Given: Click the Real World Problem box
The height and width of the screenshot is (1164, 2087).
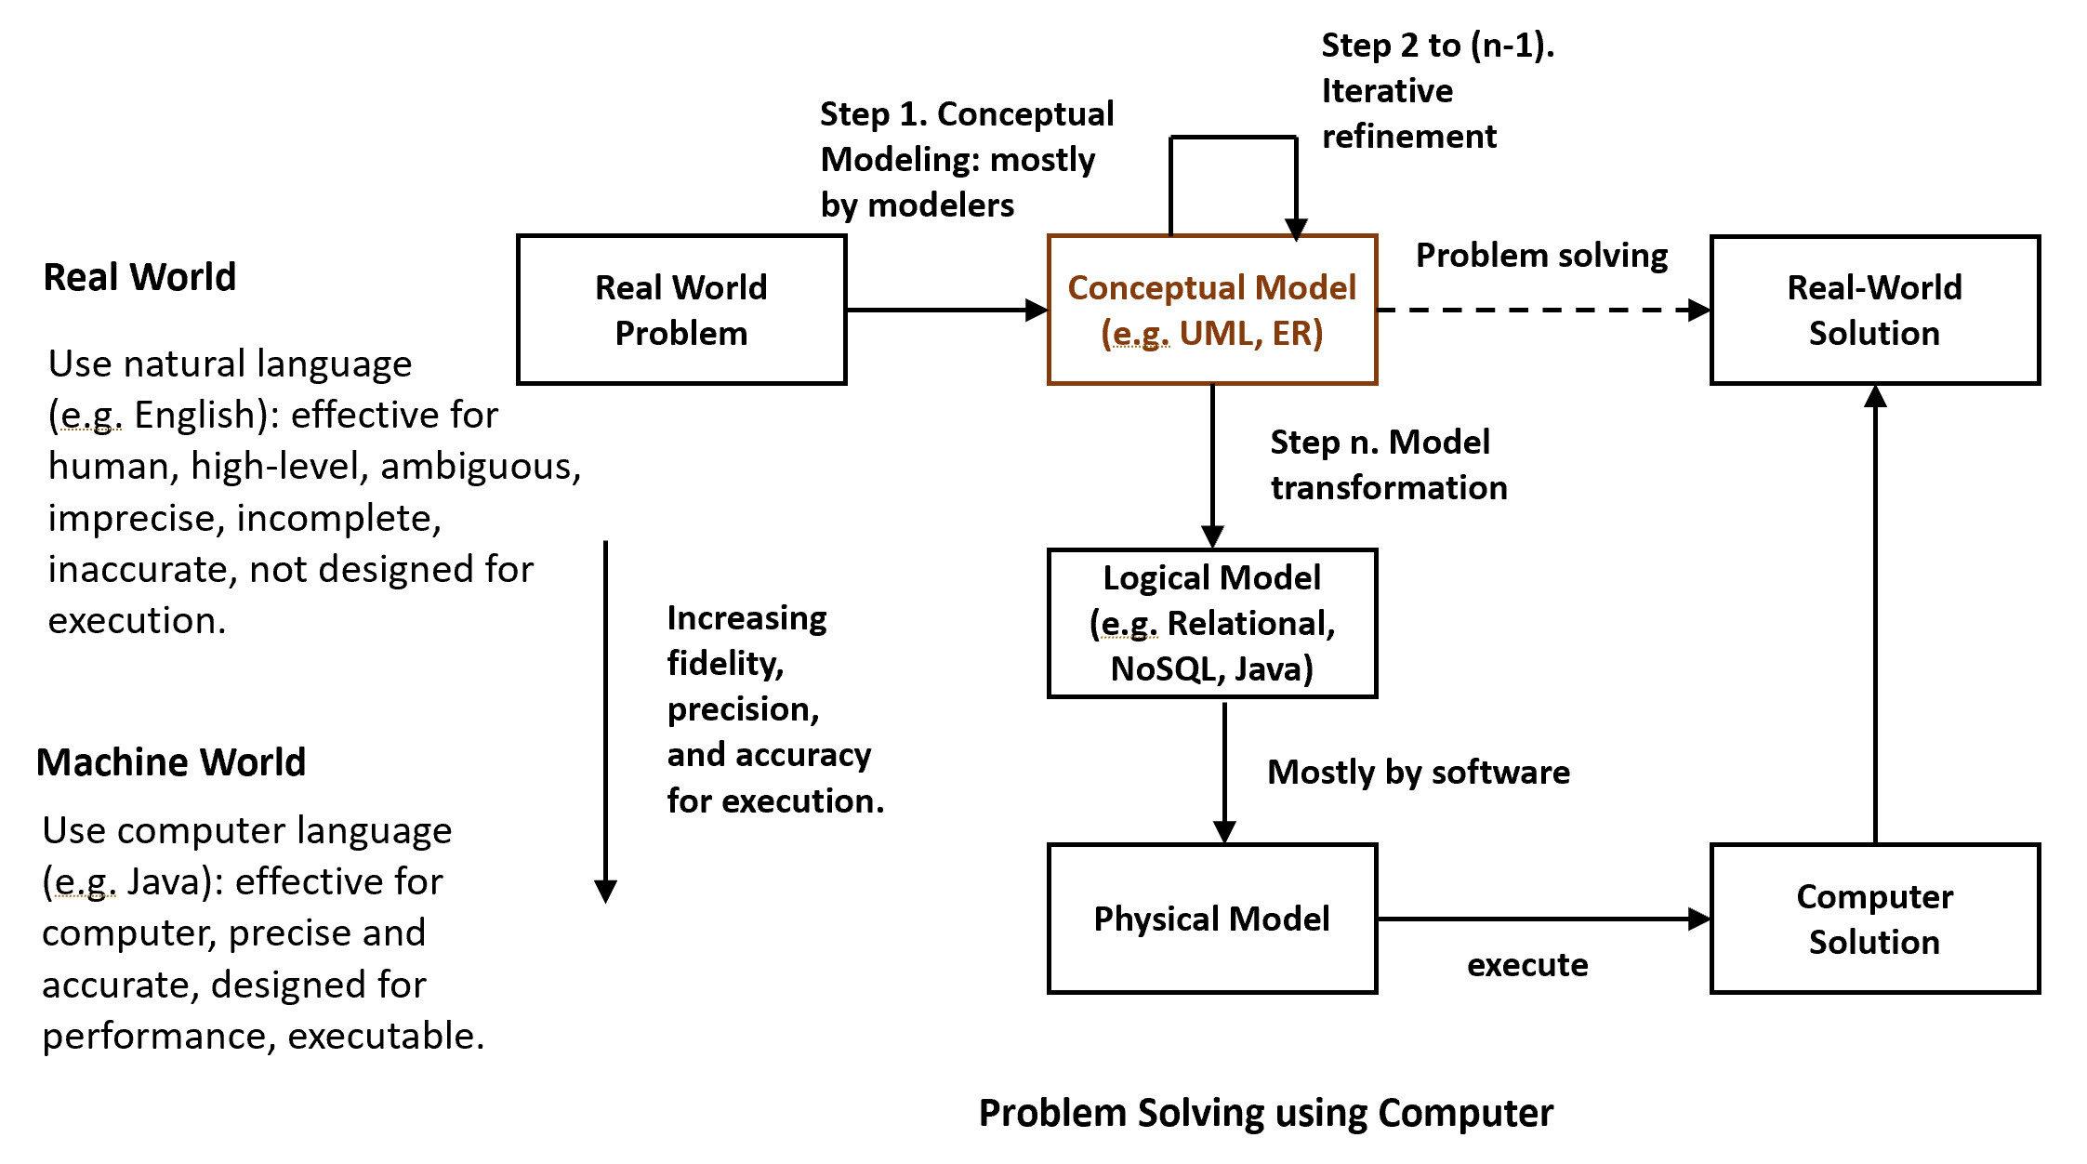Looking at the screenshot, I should coord(681,310).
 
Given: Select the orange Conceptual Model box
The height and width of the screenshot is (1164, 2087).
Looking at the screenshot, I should coord(1211,310).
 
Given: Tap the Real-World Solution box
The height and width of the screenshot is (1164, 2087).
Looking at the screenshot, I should coord(1874,310).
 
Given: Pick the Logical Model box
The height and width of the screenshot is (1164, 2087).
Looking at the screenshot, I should coord(1211,623).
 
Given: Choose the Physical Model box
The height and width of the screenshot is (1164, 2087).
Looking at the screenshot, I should coord(1211,919).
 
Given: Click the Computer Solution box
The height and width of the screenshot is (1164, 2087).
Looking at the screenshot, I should coord(1874,919).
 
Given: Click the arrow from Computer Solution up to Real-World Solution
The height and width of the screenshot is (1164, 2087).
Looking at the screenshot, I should coord(1875,614).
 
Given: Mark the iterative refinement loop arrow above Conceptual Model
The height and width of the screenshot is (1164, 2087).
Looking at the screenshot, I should coord(1234,139).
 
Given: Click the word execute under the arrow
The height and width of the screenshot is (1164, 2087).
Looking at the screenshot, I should coord(1527,965).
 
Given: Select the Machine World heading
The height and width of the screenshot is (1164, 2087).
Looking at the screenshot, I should coord(171,762).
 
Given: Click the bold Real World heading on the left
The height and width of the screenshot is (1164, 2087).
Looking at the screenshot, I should coord(139,277).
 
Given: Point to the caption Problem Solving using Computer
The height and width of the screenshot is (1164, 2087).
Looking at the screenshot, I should coord(1265,1113).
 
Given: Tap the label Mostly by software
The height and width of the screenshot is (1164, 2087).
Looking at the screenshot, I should coord(1419,772).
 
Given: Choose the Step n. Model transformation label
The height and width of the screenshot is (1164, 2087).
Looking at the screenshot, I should coord(1388,465).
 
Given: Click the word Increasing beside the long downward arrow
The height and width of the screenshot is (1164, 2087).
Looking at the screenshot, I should coord(746,618).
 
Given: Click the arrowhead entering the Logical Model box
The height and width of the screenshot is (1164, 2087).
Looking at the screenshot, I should coord(1212,537).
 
